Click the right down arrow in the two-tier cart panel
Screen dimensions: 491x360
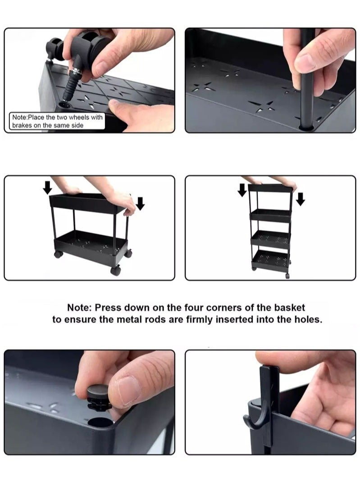point(140,204)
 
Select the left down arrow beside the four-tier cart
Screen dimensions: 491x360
point(242,190)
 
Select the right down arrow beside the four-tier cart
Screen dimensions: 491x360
point(300,199)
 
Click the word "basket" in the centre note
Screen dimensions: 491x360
point(287,308)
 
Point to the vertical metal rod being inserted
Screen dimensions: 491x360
point(307,77)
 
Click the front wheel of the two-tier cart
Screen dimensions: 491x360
point(116,270)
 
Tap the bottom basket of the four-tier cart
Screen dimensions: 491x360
point(270,261)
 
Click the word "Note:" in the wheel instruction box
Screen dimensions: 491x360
point(20,118)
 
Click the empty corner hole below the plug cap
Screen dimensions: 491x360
point(100,422)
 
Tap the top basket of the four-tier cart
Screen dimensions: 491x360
point(269,188)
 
